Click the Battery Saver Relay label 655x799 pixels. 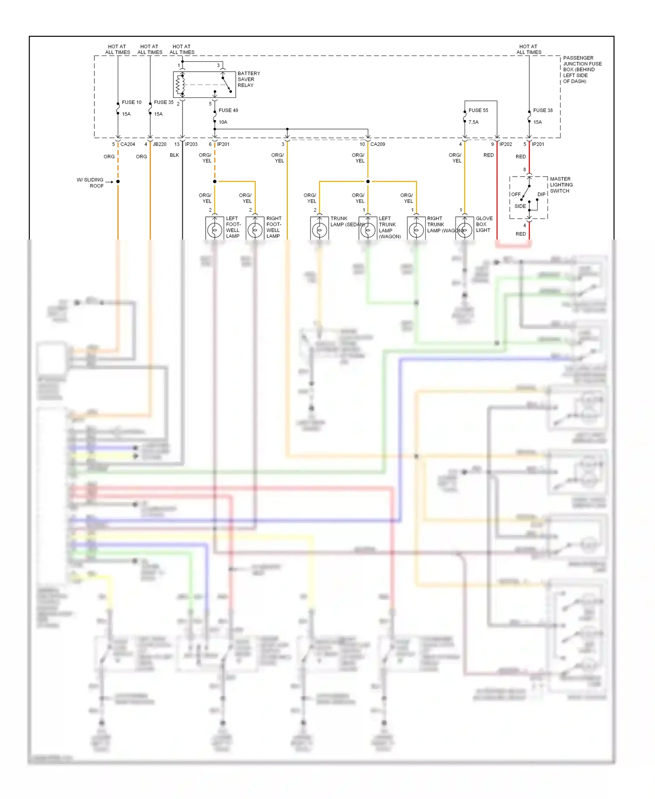coord(248,79)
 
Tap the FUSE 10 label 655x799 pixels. coord(131,102)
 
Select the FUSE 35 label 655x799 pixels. coord(164,102)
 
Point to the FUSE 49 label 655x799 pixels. coord(228,111)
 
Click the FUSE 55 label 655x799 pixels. coord(478,111)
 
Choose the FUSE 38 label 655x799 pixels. coord(543,111)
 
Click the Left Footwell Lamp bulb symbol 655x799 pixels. coord(214,229)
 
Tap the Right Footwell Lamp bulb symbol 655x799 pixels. coord(255,229)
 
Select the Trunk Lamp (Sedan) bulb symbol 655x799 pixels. coord(319,229)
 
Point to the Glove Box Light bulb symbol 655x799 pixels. coord(465,229)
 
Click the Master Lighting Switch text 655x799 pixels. coord(561,185)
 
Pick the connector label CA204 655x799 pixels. coord(128,144)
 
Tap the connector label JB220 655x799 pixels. coord(159,144)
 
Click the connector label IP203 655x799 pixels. coord(191,144)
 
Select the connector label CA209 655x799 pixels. coord(378,144)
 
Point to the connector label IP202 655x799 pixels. coord(506,144)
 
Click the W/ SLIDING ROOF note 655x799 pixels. coord(90,183)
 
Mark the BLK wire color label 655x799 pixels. coord(174,155)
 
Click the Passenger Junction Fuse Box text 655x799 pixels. coord(582,69)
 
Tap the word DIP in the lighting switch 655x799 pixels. coord(541,195)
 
